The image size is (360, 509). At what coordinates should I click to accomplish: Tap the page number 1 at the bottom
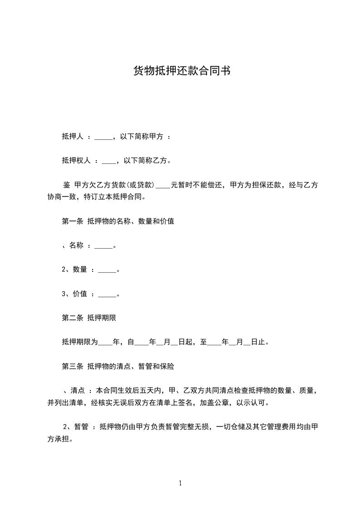coord(180,483)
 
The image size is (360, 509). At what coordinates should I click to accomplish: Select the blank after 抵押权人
coord(109,161)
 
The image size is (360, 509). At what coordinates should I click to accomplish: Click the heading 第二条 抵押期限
coord(89,318)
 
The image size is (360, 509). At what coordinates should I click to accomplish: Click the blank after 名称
coord(105,246)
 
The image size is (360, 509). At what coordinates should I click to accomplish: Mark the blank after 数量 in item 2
coord(107,270)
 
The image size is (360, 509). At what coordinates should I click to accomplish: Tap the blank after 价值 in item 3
coord(107,294)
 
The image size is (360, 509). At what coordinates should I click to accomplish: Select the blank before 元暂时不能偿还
coord(163,185)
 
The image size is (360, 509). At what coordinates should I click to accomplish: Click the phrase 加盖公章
coord(214,402)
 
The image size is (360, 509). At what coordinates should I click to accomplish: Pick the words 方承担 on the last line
coord(58,439)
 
